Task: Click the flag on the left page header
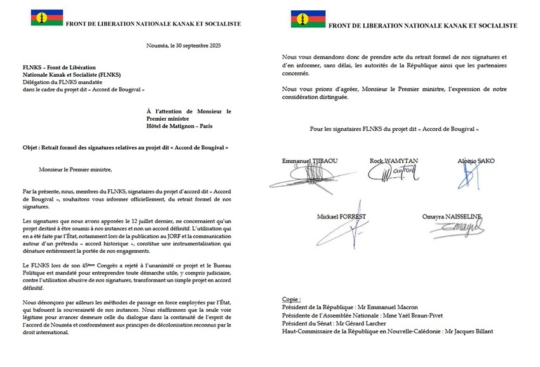[x=47, y=17]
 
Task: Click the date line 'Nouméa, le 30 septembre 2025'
[x=183, y=46]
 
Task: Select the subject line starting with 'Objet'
[x=125, y=147]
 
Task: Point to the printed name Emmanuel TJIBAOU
[x=310, y=161]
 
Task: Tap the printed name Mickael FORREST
[x=341, y=217]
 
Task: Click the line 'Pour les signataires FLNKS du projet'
[x=395, y=129]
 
